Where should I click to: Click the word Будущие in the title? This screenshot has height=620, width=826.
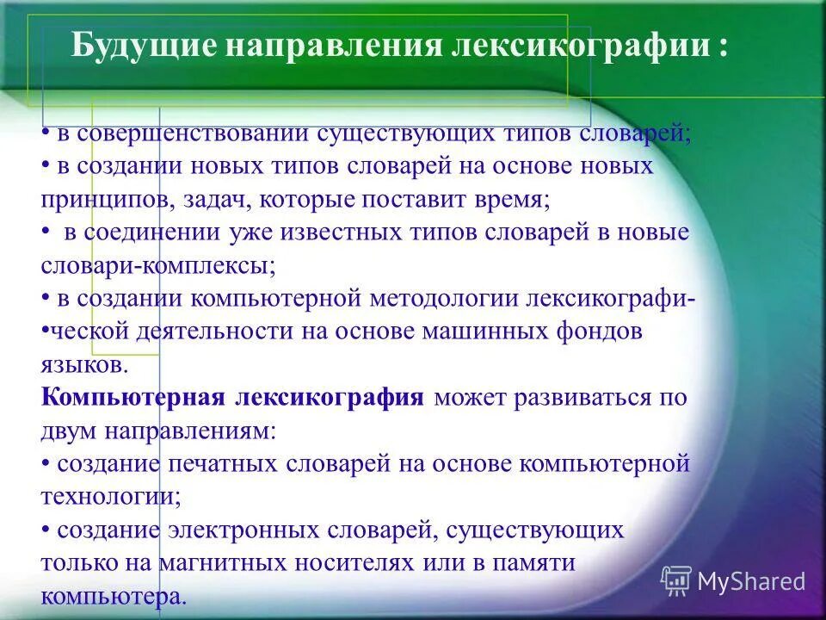coord(141,46)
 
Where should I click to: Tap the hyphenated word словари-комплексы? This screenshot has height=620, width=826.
coord(157,266)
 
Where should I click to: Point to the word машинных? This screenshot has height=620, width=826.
coord(467,332)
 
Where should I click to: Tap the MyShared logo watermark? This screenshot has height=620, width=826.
coord(733,581)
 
